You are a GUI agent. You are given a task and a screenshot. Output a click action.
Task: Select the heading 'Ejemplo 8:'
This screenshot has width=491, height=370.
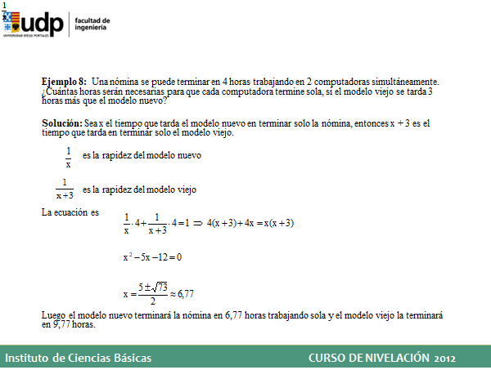click(64, 82)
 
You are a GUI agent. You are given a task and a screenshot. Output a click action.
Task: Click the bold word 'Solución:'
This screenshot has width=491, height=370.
click(62, 123)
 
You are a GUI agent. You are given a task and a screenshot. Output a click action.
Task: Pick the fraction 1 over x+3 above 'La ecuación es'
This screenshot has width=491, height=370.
click(65, 189)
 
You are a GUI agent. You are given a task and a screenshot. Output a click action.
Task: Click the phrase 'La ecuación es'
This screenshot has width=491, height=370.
click(70, 212)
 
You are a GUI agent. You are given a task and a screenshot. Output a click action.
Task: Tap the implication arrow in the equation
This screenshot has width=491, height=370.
click(199, 222)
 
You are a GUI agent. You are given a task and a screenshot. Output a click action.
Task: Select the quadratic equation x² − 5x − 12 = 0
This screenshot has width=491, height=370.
click(151, 257)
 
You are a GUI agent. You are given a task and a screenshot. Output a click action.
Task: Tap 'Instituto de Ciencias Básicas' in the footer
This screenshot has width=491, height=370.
click(78, 358)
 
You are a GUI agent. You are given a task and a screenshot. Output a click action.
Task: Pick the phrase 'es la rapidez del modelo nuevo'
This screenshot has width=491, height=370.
click(142, 155)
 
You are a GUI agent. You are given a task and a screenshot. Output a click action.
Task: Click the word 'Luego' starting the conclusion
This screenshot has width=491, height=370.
click(52, 314)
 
